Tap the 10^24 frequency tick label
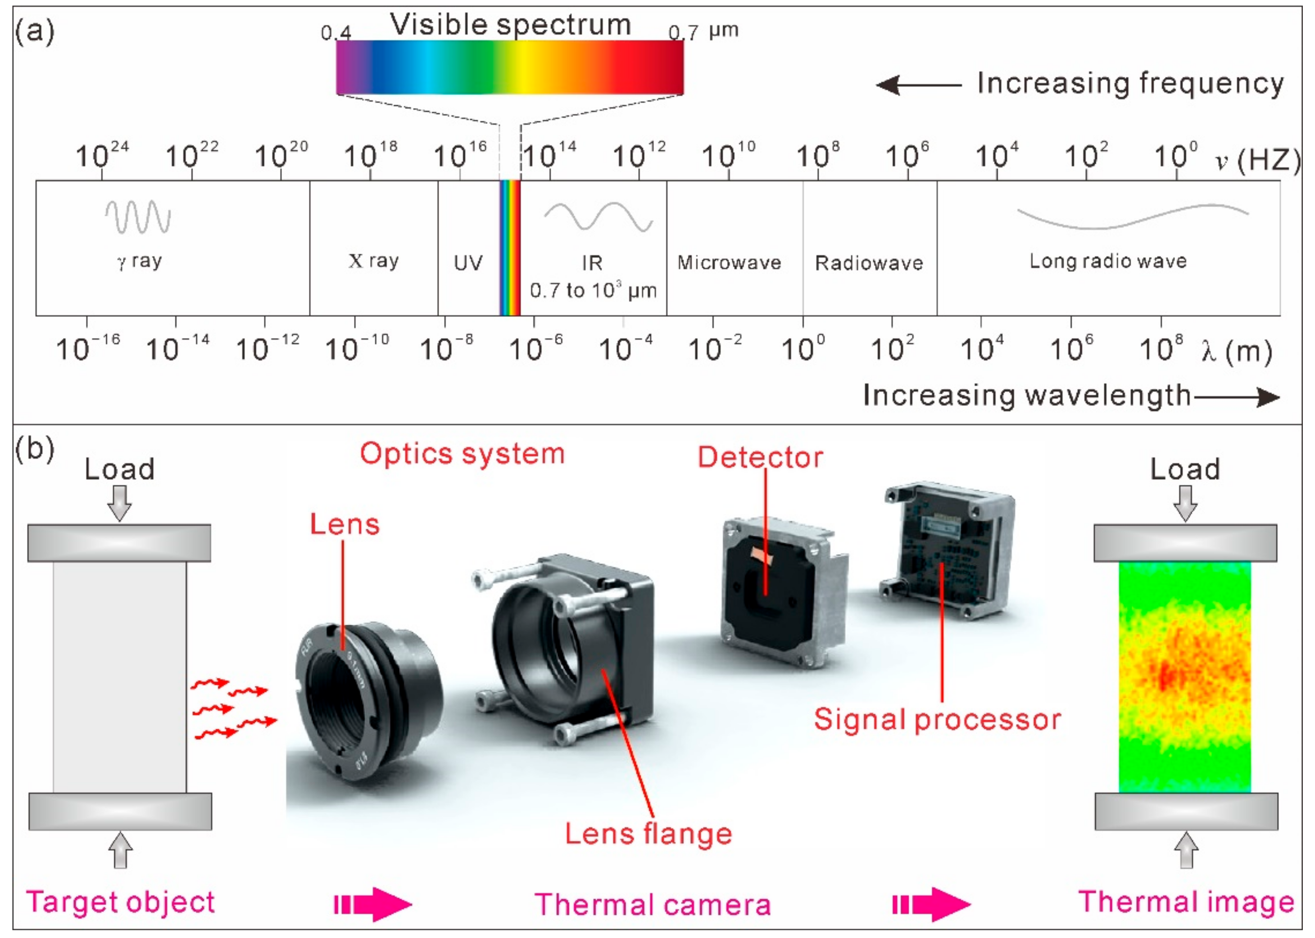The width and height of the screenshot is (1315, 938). click(102, 155)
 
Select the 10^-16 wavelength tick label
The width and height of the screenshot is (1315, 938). click(88, 348)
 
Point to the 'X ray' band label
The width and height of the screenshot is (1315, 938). click(373, 261)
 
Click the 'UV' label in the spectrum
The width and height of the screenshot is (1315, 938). click(468, 263)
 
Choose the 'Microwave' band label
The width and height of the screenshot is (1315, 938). click(729, 263)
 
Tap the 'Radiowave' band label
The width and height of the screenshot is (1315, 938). click(869, 263)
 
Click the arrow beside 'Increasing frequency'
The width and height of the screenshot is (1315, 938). click(919, 85)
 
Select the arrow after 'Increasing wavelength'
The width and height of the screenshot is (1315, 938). click(1237, 397)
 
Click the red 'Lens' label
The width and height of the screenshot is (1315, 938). click(345, 524)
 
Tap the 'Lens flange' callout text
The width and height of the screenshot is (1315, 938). click(648, 834)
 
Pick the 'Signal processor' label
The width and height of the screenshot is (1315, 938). click(937, 720)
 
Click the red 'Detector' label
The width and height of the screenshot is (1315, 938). click(760, 457)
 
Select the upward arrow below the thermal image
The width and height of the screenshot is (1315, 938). click(1186, 850)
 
